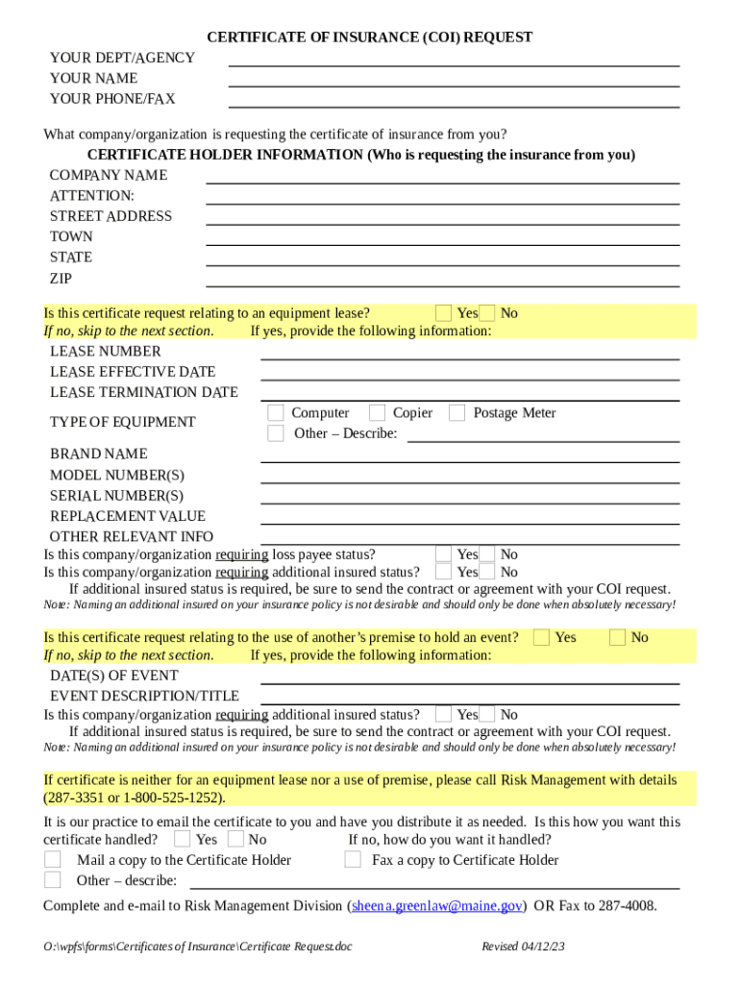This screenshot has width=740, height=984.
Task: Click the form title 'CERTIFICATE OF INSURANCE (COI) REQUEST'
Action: (x=370, y=37)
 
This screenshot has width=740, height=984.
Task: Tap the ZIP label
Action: (x=61, y=279)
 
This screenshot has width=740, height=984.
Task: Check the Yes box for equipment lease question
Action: (x=443, y=313)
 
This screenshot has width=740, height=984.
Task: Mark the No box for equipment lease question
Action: (x=488, y=313)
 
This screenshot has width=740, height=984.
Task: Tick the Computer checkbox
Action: (x=276, y=413)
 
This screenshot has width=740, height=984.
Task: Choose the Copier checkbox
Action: (x=377, y=413)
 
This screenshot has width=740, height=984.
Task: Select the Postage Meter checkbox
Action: (x=457, y=413)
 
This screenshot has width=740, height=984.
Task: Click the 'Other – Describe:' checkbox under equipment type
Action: (x=276, y=433)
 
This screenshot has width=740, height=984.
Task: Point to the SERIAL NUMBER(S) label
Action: (x=116, y=496)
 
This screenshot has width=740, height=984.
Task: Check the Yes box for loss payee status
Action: (x=443, y=554)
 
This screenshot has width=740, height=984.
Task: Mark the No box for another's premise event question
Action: (x=618, y=637)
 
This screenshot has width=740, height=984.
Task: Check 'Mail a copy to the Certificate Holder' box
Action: (x=54, y=860)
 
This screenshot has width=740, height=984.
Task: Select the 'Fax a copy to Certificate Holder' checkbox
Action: (x=353, y=860)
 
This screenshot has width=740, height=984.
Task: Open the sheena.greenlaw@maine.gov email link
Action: (x=437, y=905)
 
